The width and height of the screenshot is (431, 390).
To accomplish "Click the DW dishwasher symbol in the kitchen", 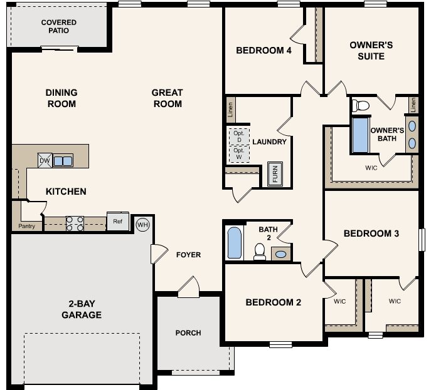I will (x=45, y=160).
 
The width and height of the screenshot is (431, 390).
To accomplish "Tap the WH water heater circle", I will (x=142, y=223).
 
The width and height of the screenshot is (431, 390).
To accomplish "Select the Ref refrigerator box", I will (x=117, y=220).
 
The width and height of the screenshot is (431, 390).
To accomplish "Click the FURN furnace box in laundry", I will (x=274, y=174).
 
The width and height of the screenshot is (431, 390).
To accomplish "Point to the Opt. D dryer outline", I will (x=238, y=136).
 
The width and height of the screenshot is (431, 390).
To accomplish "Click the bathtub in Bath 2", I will (x=233, y=243).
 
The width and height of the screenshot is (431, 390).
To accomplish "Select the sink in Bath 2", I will (x=281, y=254).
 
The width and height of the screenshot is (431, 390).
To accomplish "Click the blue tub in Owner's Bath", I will (x=360, y=135).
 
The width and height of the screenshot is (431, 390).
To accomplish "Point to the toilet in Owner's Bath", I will (x=361, y=105).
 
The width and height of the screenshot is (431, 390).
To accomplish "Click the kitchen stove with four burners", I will (x=75, y=222).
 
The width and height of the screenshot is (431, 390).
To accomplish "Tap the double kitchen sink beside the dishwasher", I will (x=63, y=160).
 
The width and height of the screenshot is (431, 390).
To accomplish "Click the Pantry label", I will (x=27, y=226).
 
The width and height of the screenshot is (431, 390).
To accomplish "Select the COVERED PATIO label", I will (x=59, y=26).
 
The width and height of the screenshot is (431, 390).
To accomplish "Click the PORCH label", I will (x=188, y=332).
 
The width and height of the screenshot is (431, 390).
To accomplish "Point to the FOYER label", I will (x=188, y=255).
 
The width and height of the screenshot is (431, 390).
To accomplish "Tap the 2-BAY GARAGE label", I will (x=82, y=309).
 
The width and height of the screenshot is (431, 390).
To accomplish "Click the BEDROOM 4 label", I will (x=263, y=51).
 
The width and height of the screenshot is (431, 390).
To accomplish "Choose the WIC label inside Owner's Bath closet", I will (x=371, y=168).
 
